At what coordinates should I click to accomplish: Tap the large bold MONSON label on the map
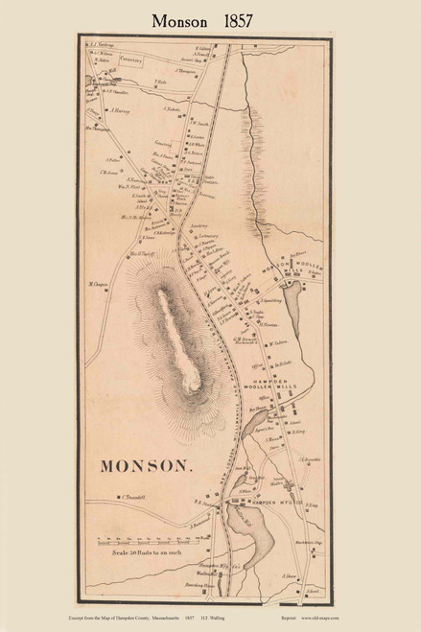pyautogui.click(x=146, y=467)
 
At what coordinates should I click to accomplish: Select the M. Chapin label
pyautogui.click(x=97, y=284)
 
